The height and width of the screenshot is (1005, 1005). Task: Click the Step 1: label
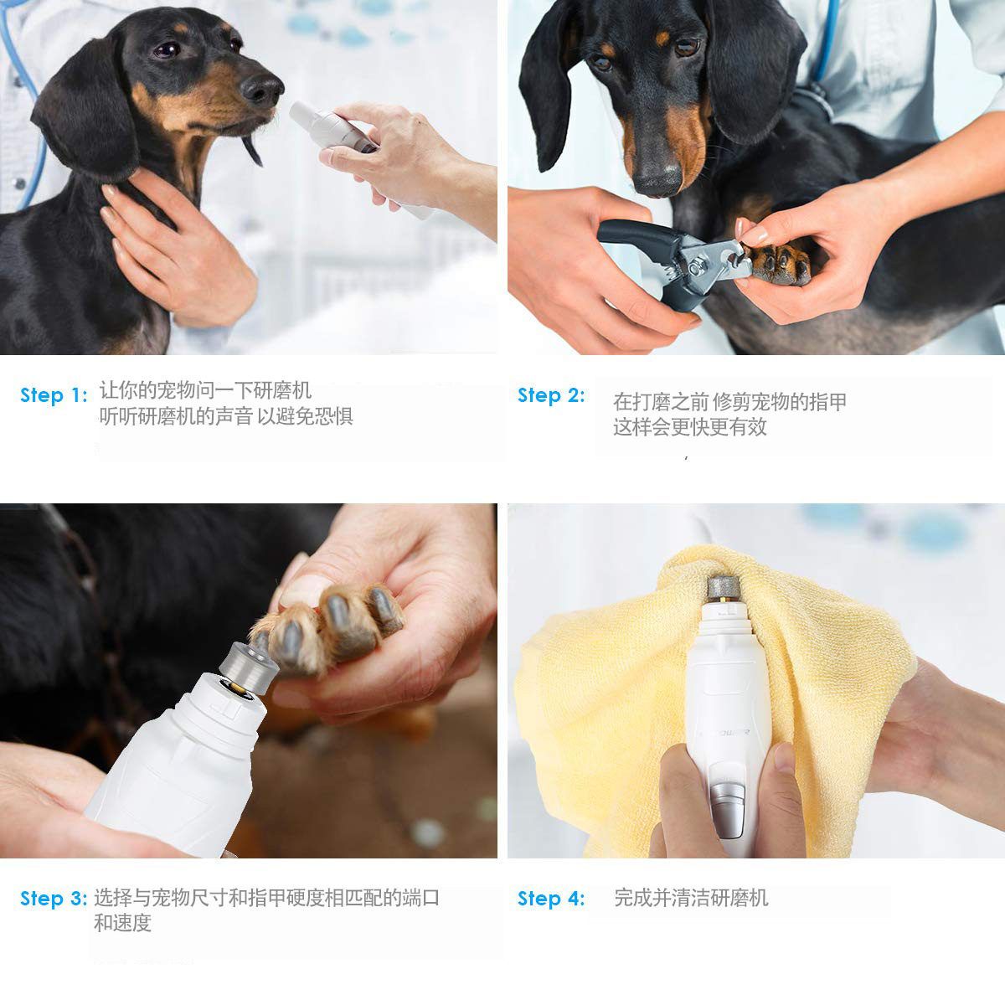pos(54,395)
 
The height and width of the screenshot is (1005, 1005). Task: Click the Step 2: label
pos(551,395)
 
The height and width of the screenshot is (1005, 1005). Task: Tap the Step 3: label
pos(54,899)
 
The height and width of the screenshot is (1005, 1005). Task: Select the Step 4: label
pos(551,899)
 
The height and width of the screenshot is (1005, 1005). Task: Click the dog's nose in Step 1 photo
pos(262,87)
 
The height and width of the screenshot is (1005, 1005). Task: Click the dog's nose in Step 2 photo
pos(657,178)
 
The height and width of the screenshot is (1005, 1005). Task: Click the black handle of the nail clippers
pos(636,234)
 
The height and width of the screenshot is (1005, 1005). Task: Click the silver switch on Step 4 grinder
pos(727,804)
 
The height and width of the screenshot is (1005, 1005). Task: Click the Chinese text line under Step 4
pos(690,899)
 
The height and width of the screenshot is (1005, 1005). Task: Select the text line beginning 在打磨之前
pos(729,402)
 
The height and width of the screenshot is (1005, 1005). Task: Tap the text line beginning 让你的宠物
pos(205,390)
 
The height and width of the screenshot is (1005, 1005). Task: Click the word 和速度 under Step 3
pos(122,924)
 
